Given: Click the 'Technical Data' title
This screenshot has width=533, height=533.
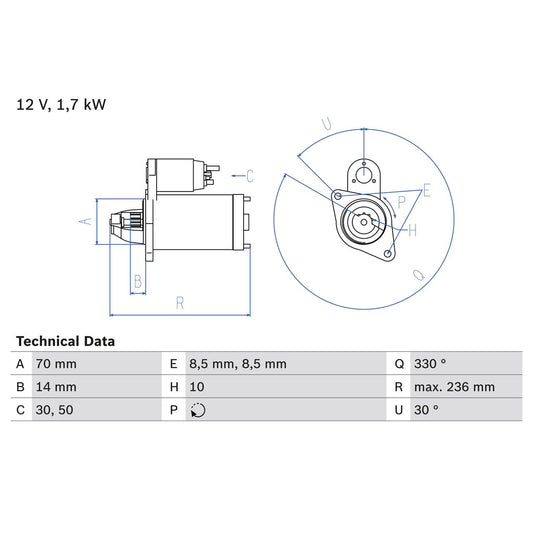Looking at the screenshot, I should coord(65,341).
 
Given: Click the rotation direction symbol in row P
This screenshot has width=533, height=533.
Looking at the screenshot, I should coord(198,410).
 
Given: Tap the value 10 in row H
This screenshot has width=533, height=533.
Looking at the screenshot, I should coord(197,387).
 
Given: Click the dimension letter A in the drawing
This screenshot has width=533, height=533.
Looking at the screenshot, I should coord(86,221).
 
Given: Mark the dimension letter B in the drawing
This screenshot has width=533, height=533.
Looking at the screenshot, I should coord(138,281).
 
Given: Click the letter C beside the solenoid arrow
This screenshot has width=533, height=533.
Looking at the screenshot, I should coord(250,176).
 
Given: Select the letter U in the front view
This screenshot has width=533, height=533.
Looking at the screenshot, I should coord(326,124).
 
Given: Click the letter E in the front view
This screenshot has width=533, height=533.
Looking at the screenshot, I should coord(426,190).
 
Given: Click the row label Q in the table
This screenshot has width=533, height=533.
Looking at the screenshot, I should coord(399,364).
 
